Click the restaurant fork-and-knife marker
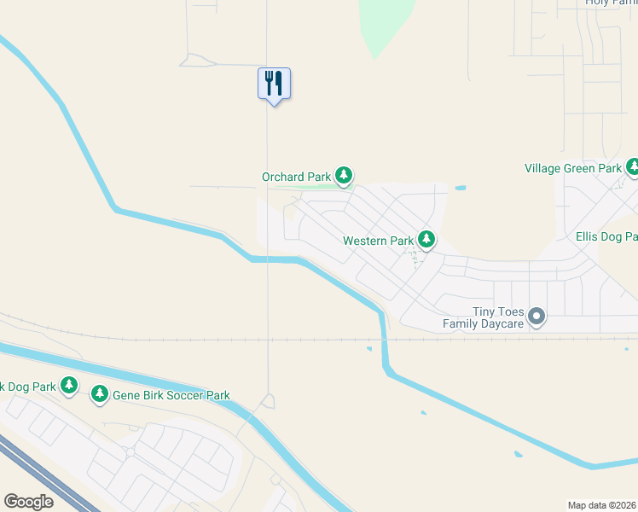point(274,84)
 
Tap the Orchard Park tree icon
point(344,176)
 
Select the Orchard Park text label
point(295,177)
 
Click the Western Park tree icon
point(426,240)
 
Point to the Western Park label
point(378,241)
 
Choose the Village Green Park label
point(572,169)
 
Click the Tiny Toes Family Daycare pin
point(536,317)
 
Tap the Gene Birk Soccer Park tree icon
point(101,393)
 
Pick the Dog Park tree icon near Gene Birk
point(70,387)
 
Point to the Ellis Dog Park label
point(606,236)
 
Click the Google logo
point(29,502)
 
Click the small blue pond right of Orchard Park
point(461,188)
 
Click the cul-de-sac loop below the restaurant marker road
point(269,400)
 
